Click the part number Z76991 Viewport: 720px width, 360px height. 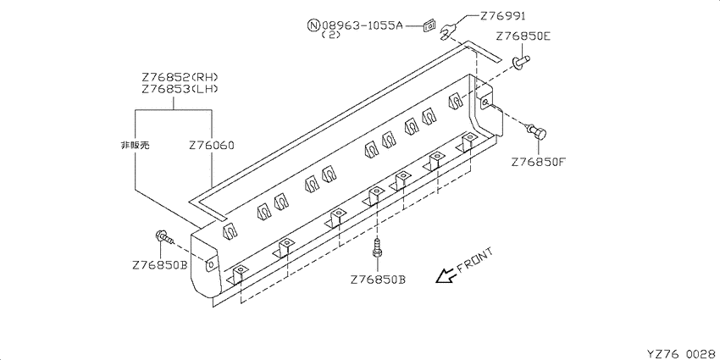pos(503,16)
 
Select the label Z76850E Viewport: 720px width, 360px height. pos(522,36)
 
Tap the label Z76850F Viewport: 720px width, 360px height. pos(538,162)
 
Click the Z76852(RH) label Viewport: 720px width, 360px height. pos(180,77)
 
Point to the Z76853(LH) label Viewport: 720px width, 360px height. pos(180,89)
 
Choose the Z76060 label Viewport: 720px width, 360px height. pos(212,146)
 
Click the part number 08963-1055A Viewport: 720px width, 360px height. pos(363,25)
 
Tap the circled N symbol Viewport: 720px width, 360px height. pos(313,25)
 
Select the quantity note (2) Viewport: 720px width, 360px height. pos(331,35)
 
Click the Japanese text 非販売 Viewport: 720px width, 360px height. pos(133,146)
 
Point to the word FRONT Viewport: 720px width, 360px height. pos(475,260)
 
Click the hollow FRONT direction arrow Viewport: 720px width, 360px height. pos(445,276)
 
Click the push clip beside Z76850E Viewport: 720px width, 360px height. pos(522,62)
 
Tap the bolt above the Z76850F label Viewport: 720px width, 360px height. pos(536,130)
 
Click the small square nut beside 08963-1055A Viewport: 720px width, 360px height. pos(429,26)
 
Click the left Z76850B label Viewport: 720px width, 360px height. pos(159,265)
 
